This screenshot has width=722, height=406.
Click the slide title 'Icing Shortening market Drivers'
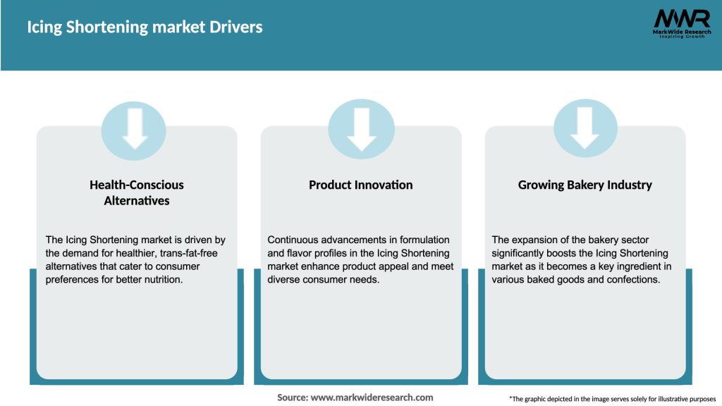145,27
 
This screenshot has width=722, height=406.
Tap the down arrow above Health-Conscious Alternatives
135,129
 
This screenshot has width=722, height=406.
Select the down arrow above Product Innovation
361,129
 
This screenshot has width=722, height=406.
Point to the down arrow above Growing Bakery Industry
585,129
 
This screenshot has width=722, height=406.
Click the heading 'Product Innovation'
361,185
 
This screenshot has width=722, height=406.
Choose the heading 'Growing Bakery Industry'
585,185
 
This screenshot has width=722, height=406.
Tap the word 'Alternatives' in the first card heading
136,200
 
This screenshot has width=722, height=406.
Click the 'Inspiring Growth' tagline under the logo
681,37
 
